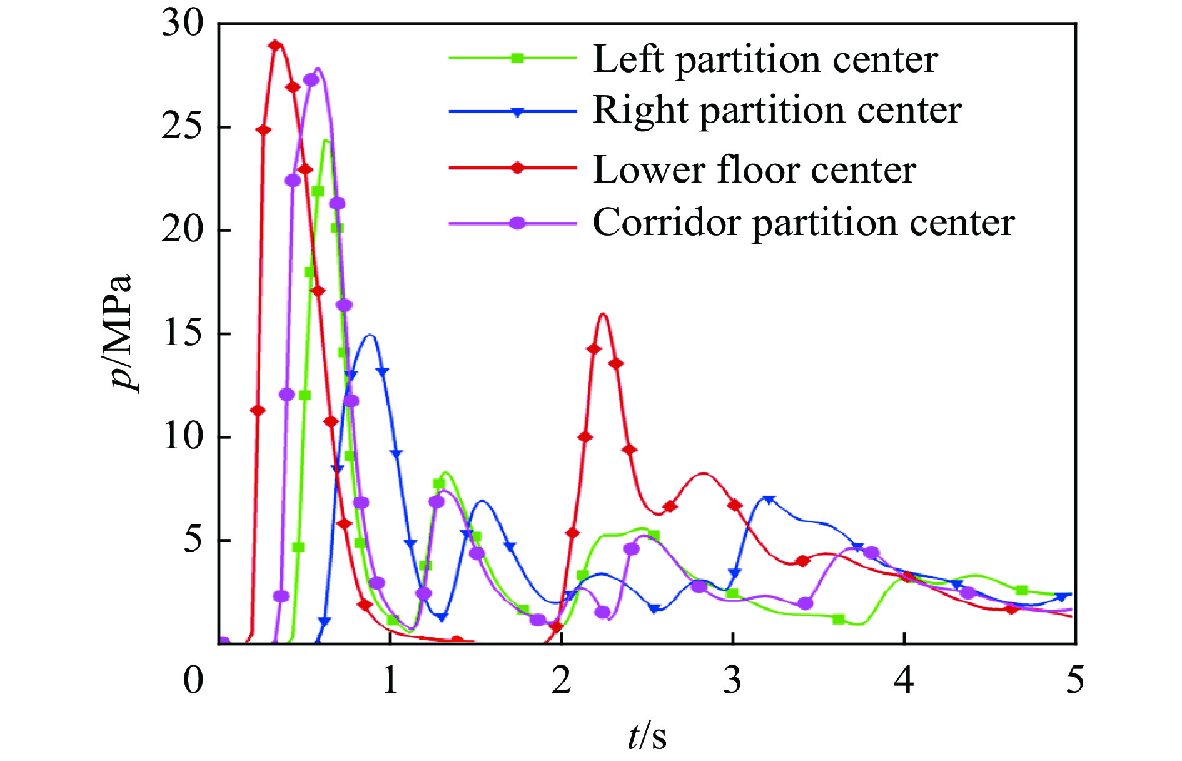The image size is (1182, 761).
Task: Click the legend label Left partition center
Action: tap(764, 60)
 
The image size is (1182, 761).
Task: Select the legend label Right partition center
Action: tap(776, 111)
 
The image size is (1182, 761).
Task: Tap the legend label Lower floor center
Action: tap(754, 169)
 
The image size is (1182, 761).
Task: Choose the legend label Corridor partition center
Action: tap(803, 222)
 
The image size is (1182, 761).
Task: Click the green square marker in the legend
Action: tap(517, 58)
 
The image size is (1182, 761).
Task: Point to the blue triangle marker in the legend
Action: tap(517, 112)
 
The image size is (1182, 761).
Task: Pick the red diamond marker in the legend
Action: tap(517, 168)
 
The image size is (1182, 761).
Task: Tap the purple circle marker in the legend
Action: tap(517, 223)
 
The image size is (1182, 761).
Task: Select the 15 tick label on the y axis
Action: tap(183, 334)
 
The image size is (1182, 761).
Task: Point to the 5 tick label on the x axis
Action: tap(1074, 680)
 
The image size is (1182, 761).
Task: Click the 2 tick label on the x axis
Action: tap(561, 680)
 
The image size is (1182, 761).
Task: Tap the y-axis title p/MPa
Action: tap(121, 331)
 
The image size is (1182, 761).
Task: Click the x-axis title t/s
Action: tap(647, 735)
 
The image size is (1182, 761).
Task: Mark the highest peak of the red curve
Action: tap(276, 44)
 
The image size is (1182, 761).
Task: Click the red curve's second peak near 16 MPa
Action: tap(603, 314)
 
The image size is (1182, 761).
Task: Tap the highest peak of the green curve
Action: tap(326, 141)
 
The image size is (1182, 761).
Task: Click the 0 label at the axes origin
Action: tap(193, 680)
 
